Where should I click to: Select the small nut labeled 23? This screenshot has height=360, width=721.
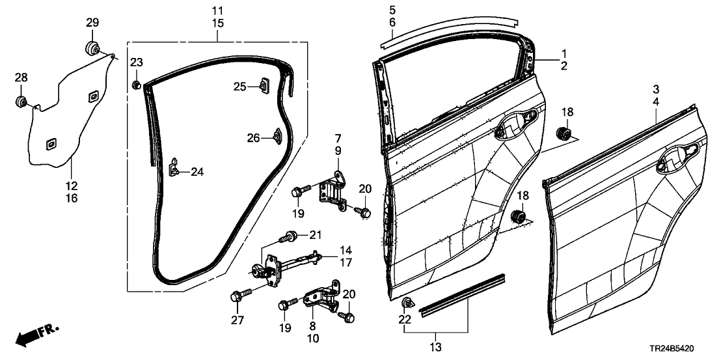(137, 85)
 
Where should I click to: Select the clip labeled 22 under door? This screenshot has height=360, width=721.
(407, 302)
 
